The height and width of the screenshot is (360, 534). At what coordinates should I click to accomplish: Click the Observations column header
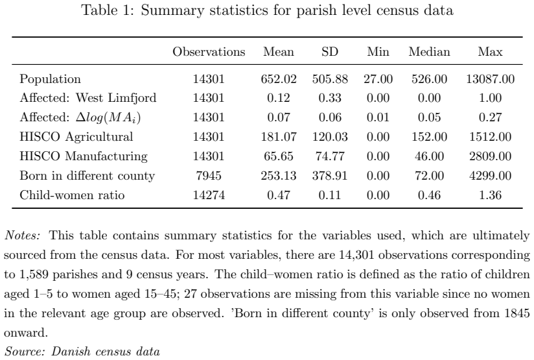209,52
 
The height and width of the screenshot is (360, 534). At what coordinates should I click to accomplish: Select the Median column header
429,52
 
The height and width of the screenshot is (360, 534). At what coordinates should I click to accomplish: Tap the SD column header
330,52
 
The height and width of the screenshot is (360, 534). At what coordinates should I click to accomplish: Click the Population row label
50,79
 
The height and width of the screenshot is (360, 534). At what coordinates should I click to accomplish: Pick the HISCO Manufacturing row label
84,156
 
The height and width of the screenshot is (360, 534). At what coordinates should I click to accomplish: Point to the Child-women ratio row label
72,195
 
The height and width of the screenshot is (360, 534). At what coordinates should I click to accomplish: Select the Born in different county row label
87,176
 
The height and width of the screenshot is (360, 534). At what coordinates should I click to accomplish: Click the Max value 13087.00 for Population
490,79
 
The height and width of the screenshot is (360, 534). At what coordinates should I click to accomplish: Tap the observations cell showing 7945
209,176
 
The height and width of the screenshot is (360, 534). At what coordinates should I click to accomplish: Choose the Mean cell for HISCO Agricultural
279,137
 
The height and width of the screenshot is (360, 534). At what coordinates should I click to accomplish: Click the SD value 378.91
330,176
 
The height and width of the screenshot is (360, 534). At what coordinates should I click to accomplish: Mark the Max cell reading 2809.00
490,156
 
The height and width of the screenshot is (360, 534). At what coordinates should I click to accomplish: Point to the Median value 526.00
429,79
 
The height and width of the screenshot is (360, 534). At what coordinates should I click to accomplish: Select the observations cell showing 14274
209,195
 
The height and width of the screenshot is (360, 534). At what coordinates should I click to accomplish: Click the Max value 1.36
490,195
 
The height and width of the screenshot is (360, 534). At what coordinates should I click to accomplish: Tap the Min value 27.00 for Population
378,79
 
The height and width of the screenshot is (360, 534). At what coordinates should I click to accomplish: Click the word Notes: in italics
23,235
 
